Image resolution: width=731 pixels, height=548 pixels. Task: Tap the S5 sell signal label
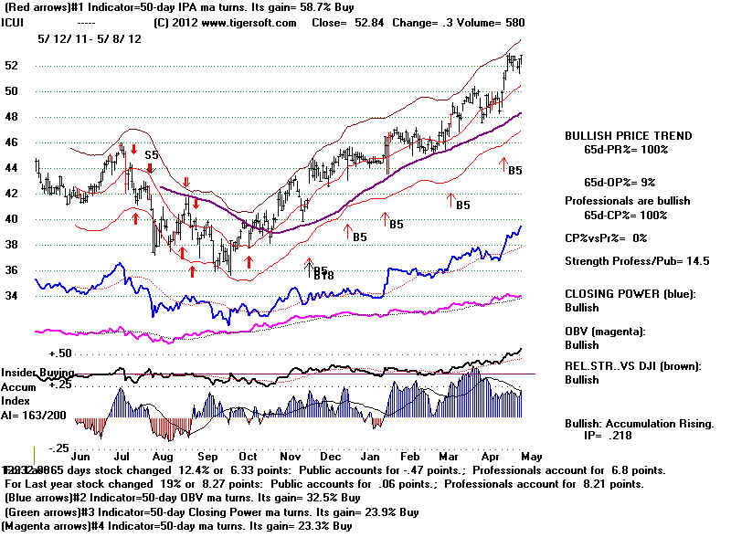[x=151, y=155]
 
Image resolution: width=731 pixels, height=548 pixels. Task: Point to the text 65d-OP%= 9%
[x=626, y=182]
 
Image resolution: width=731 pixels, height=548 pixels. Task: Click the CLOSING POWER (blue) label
[x=630, y=293]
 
